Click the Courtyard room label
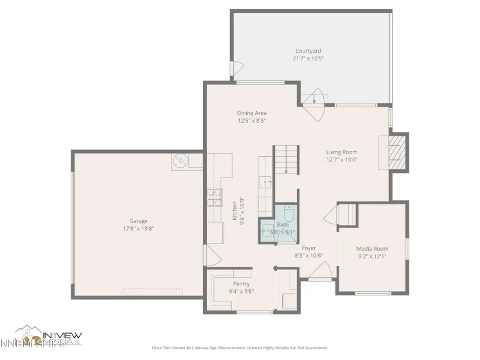[x=308, y=51]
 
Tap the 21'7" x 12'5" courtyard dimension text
[x=308, y=59]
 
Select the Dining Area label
[x=251, y=113]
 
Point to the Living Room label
[x=341, y=152]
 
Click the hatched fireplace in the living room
[x=399, y=152]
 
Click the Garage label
[x=138, y=221]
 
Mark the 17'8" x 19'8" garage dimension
[x=138, y=229]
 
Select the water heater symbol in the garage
[x=180, y=161]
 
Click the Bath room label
[x=283, y=224]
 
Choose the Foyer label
[x=308, y=248]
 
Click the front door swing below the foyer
[x=319, y=274]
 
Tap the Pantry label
[x=241, y=283]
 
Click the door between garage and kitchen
[x=208, y=255]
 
